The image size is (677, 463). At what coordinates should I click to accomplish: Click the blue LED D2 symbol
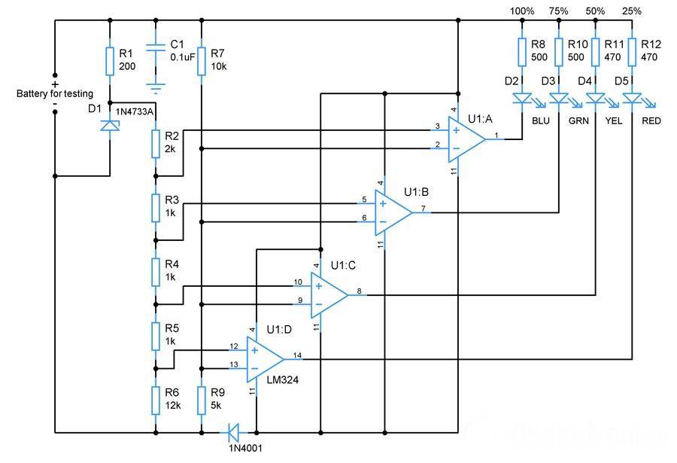521,98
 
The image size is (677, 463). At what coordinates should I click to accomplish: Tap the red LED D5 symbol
633,98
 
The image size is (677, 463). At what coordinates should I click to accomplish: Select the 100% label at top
522,11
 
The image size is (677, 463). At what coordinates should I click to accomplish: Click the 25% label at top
632,11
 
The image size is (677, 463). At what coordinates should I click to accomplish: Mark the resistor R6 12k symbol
155,399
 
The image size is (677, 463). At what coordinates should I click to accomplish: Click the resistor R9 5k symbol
202,399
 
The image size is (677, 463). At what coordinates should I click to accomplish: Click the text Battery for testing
55,93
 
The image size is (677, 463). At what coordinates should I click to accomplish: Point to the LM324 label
282,381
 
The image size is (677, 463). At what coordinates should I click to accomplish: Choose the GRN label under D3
578,120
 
